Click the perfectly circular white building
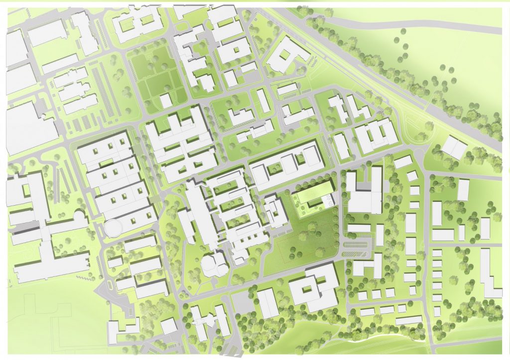(x=115, y=229)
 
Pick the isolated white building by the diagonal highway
(x=454, y=147)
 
